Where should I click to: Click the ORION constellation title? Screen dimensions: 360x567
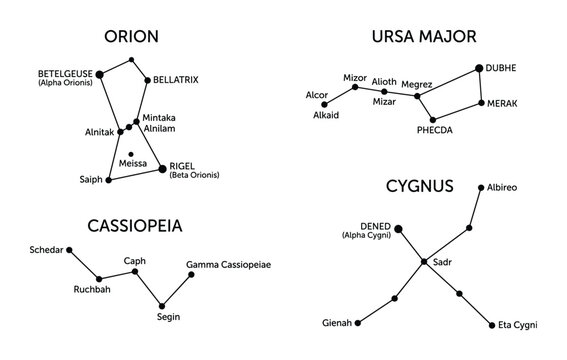(133, 37)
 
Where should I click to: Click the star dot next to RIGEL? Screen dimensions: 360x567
(163, 169)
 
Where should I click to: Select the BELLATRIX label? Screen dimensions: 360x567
(176, 79)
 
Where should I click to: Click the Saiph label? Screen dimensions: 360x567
(90, 180)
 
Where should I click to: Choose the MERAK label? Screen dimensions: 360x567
(503, 103)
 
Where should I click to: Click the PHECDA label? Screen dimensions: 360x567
(434, 130)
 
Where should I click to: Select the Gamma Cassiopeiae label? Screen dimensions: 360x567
(228, 264)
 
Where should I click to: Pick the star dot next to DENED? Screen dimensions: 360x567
(400, 230)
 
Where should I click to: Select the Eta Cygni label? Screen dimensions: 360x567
(519, 325)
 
